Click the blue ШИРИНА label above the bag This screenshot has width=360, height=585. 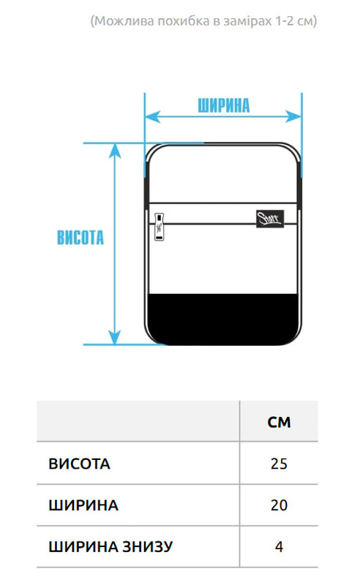point(223,105)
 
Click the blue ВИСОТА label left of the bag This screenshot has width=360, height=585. point(80,237)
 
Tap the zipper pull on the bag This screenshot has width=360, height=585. point(160,227)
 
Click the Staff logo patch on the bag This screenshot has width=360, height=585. point(269,219)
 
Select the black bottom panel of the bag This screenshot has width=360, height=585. point(223,319)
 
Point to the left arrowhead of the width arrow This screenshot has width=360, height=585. point(152,117)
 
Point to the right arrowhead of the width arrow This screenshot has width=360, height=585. point(293,116)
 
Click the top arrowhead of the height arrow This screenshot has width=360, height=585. point(115,151)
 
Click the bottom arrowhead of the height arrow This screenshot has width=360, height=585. point(115,337)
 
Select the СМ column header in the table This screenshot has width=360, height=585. point(279,422)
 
